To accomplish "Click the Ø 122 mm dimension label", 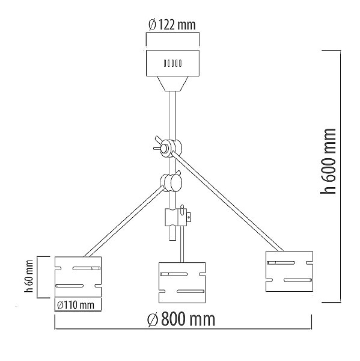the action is coord(172,25).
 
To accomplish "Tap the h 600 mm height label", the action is coord(328,161).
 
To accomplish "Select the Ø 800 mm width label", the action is coord(182,319).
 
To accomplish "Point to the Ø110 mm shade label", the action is coord(76,305).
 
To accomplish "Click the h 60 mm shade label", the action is coord(29,276).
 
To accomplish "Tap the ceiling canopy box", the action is coord(172,63).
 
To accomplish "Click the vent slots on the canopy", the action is coord(172,63).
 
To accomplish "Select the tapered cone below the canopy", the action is coord(172,84).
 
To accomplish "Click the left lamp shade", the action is coord(78,277).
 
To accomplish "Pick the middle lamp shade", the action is coord(182,283).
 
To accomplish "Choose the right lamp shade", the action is coord(289,271).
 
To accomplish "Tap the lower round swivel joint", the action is coord(171,182).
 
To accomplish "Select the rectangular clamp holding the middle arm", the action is coord(175,217).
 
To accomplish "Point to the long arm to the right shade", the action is coord(228,202).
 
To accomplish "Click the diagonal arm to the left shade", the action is coord(124,221).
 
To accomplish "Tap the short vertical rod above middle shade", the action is coord(182,244).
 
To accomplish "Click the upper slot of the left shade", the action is coord(87,268).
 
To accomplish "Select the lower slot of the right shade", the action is coord(298,280).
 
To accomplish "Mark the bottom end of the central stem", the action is coord(172,240).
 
